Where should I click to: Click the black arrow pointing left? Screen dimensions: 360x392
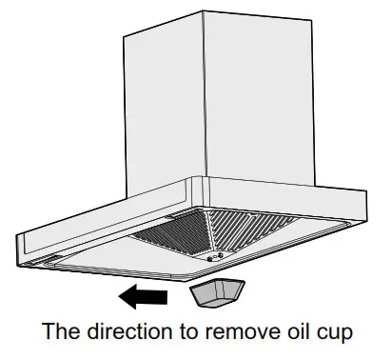[143, 298]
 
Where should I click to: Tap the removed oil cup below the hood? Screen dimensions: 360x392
[217, 296]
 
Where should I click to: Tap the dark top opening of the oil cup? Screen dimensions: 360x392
[215, 288]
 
